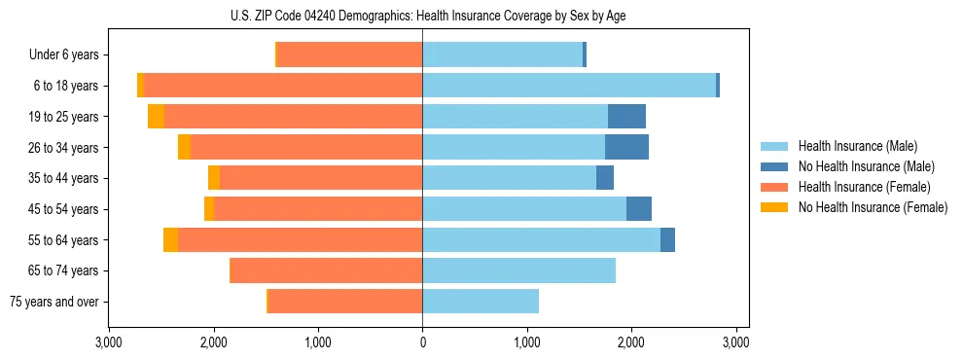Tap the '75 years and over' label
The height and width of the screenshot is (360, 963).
54,302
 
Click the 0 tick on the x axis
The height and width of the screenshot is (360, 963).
422,342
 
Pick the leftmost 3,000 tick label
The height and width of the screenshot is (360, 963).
109,342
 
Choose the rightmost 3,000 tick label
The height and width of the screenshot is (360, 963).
735,342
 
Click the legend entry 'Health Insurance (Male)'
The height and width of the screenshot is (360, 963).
856,146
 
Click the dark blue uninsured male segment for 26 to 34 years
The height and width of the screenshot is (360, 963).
626,147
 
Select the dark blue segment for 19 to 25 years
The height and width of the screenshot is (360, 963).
626,117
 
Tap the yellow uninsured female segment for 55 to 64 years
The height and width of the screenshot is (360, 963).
170,239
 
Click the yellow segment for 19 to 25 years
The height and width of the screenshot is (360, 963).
156,117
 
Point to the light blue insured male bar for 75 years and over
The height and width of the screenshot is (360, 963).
481,302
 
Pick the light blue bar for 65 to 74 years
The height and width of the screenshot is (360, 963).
518,270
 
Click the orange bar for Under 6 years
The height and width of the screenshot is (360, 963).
350,54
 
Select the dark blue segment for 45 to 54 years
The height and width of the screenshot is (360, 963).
639,209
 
